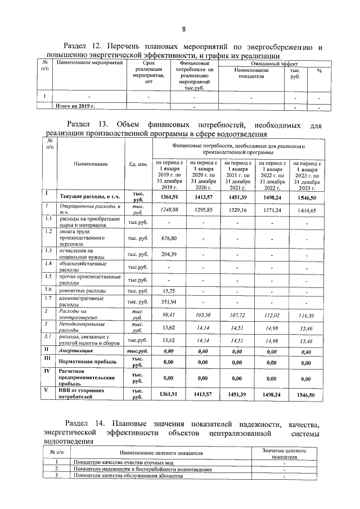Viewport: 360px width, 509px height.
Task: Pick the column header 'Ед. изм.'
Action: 137,164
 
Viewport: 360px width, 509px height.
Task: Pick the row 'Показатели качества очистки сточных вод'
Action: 118,462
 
